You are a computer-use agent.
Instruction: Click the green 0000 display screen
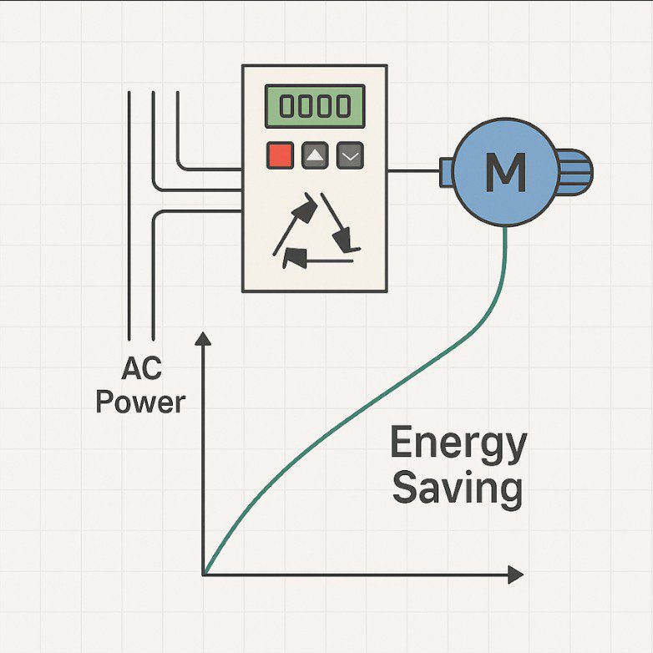315,106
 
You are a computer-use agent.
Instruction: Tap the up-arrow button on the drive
315,155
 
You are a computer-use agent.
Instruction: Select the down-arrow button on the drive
350,155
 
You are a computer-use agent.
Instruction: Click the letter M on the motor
505,171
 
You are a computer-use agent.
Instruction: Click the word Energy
458,444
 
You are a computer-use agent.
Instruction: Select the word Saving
458,488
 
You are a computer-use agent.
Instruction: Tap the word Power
140,402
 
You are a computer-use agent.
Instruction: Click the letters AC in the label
140,368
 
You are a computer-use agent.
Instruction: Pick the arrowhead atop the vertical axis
202,339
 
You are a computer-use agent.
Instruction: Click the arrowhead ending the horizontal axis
515,575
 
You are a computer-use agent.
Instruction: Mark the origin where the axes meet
203,575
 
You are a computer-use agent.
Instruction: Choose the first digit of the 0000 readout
287,107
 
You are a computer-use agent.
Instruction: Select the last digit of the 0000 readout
342,107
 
